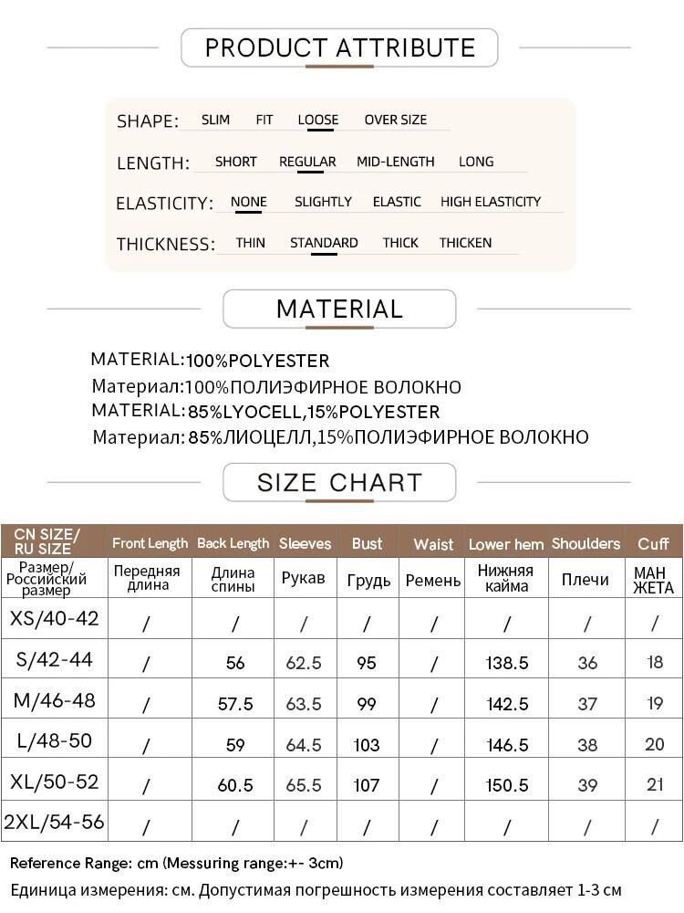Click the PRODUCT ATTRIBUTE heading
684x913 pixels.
coord(339,47)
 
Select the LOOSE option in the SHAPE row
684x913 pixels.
coord(317,120)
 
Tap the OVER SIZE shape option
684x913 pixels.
coord(395,120)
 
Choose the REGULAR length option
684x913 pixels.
coord(307,162)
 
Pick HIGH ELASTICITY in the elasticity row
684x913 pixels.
coord(491,202)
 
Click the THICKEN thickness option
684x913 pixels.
coord(465,243)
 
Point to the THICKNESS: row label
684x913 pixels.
coord(166,244)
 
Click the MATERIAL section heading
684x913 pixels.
coord(339,310)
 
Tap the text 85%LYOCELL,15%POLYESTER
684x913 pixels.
coord(314,412)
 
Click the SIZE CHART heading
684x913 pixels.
coord(339,482)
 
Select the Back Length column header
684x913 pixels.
coord(233,543)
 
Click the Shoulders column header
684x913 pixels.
coord(586,543)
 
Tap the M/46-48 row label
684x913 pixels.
coord(54,701)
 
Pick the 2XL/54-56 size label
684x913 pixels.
coord(54,823)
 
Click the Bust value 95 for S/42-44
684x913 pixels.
coord(367,663)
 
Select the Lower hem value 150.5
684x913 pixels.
coord(507,785)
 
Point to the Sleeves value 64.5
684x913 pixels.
coord(304,745)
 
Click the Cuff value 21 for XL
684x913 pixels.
coord(654,785)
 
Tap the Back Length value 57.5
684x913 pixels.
coord(235,704)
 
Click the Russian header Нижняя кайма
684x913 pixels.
coord(507,578)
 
